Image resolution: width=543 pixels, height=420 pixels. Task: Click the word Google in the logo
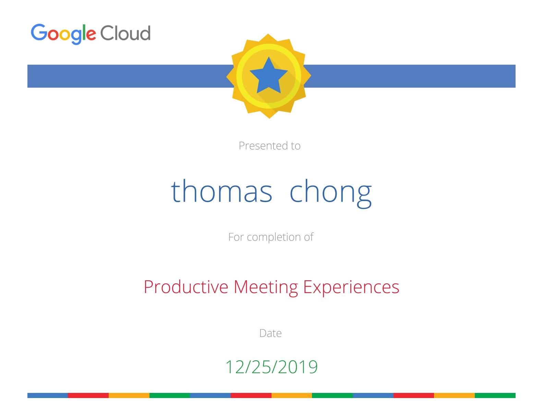pos(63,34)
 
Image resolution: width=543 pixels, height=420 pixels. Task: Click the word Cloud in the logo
pos(125,33)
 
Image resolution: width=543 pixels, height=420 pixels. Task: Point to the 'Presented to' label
pos(269,145)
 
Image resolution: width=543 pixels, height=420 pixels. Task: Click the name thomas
pos(221,191)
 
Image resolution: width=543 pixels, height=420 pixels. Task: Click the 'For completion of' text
pos(270,237)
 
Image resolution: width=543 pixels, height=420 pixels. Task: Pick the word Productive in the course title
pos(186,287)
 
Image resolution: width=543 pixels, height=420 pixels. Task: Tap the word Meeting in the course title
pos(266,288)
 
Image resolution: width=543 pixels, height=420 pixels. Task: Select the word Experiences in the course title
pos(351,288)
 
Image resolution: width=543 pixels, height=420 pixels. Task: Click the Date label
pos(270,333)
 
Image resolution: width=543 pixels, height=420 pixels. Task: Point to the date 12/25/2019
pos(271,367)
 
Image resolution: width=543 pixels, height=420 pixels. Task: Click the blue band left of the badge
pos(130,76)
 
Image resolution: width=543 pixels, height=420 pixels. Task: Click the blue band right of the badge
pos(409,76)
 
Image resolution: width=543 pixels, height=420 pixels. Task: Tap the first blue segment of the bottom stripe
pos(47,395)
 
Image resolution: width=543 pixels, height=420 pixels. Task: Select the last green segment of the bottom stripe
pos(495,395)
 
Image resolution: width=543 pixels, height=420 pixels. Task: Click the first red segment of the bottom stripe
pos(88,395)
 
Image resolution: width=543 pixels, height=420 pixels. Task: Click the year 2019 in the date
pos(298,367)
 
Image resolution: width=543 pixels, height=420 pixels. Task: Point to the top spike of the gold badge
pos(268,34)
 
